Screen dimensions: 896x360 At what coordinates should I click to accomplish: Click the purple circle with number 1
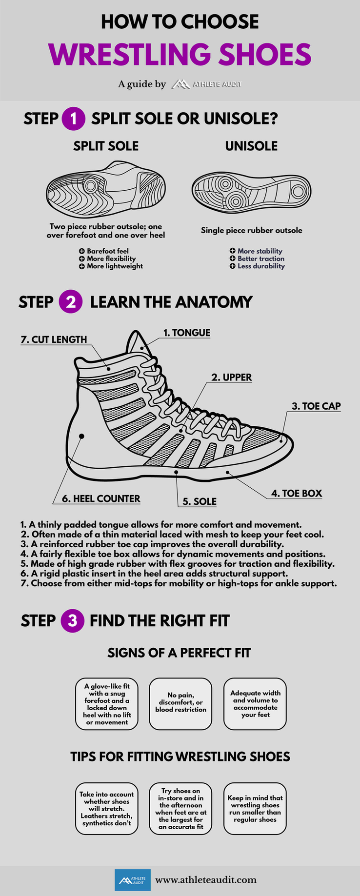(74, 119)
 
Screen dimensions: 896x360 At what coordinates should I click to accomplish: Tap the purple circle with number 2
(71, 302)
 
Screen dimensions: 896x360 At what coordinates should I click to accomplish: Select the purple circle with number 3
(72, 620)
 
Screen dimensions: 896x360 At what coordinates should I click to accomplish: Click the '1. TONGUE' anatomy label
(187, 333)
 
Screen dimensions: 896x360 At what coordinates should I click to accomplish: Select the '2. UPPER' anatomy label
(231, 377)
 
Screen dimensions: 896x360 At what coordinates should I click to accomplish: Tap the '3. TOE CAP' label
(316, 406)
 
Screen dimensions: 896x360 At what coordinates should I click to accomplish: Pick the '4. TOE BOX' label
(297, 493)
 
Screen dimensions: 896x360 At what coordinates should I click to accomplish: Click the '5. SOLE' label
(199, 501)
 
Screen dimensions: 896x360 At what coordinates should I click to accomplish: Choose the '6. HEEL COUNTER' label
(101, 498)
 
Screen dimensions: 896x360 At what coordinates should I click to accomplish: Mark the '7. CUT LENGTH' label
(54, 339)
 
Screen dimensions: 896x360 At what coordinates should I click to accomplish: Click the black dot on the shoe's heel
(81, 436)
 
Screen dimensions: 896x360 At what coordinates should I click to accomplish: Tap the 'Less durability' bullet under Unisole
(260, 266)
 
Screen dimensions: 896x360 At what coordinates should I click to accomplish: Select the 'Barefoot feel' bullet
(107, 251)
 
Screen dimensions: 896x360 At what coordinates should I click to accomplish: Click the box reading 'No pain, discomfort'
(180, 703)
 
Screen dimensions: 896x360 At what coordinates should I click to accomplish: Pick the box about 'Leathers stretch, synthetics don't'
(106, 808)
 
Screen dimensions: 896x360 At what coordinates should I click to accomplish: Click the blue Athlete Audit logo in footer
(132, 880)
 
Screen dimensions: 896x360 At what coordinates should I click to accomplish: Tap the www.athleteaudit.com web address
(206, 880)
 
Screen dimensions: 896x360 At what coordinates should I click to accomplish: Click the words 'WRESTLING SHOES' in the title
(180, 54)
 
